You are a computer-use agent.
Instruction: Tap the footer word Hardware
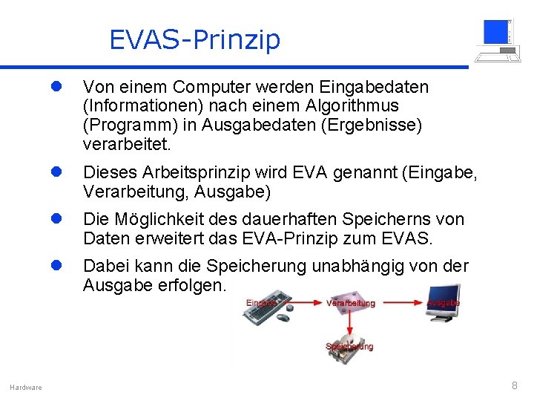pos(26,387)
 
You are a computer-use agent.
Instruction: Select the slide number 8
pos(514,385)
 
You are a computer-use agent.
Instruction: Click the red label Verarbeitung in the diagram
pos(350,303)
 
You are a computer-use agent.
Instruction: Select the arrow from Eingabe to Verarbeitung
pos(302,303)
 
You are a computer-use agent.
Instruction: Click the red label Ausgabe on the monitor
pos(444,302)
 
